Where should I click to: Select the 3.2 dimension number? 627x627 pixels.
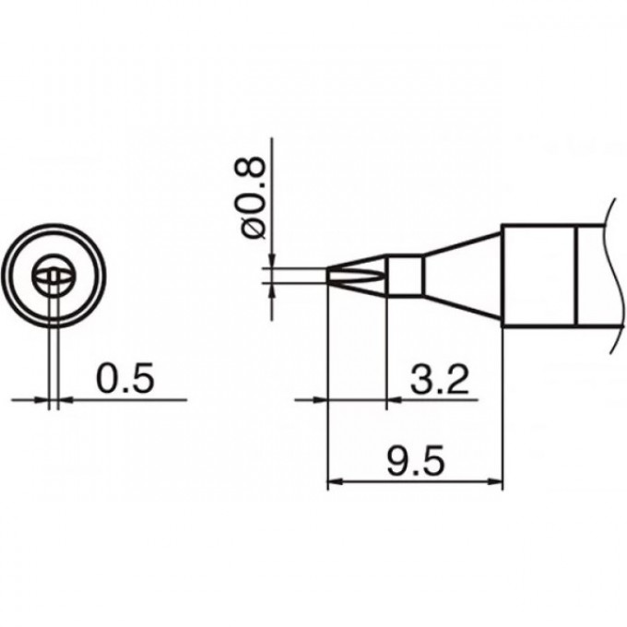431,378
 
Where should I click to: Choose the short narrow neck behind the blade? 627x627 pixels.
405,274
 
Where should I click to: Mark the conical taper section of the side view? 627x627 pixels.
461,274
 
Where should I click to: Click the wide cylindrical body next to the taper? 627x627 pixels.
538,274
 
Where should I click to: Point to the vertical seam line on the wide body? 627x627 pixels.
575,274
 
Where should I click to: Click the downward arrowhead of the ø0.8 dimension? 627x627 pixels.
271,260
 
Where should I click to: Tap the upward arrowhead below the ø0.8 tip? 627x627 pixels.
271,289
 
